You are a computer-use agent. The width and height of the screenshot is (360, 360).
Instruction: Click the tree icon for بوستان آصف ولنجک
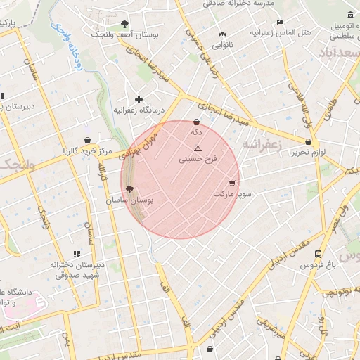pos(125,23)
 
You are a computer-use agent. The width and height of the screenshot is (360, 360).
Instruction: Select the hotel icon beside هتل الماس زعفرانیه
pos(280,22)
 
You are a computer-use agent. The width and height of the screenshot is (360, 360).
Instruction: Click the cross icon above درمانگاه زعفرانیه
pos(139,99)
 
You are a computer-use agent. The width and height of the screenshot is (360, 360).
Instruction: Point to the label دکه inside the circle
pos(196,131)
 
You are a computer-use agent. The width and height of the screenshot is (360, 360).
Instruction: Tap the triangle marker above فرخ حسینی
pos(198,148)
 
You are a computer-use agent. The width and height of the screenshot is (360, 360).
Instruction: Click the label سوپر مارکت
pos(232,193)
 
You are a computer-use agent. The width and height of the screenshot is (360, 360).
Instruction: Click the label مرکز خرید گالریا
pos(86,151)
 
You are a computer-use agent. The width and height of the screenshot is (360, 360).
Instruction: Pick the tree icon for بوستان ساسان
pos(129,188)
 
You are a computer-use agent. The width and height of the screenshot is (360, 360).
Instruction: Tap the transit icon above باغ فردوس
pos(319,254)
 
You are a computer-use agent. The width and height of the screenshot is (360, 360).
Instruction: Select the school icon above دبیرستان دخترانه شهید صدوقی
pos(76,254)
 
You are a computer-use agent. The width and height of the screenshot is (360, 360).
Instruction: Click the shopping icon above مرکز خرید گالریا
pos(86,140)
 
